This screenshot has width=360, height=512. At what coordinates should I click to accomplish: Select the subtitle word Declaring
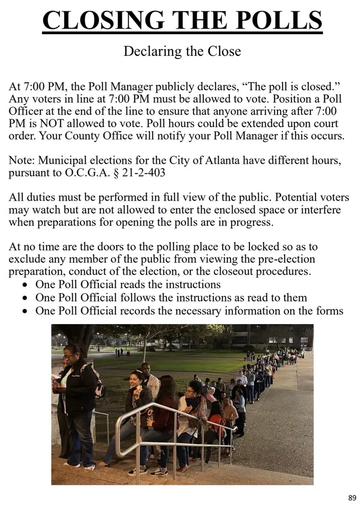click(151, 52)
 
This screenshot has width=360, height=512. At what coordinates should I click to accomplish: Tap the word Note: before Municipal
click(23, 161)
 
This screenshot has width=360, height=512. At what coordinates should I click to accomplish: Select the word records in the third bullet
click(131, 311)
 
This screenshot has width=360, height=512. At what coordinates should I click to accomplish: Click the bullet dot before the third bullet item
click(26, 311)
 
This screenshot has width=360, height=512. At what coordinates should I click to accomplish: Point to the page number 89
click(352, 498)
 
